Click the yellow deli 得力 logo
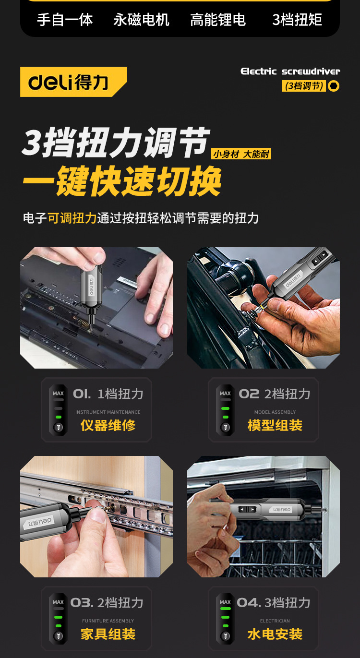72,82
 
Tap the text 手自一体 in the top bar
65,20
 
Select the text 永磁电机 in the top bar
141,20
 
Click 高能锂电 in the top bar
218,20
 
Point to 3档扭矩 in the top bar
297,20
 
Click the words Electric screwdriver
290,72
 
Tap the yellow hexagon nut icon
334,86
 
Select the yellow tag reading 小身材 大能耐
241,154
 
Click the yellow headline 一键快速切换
122,181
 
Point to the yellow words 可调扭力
72,218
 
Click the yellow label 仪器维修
108,425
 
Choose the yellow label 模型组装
275,425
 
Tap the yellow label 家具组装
108,634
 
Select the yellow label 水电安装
275,634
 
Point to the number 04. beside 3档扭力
249,603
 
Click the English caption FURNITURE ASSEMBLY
108,621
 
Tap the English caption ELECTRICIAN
275,621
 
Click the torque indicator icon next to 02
225,410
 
